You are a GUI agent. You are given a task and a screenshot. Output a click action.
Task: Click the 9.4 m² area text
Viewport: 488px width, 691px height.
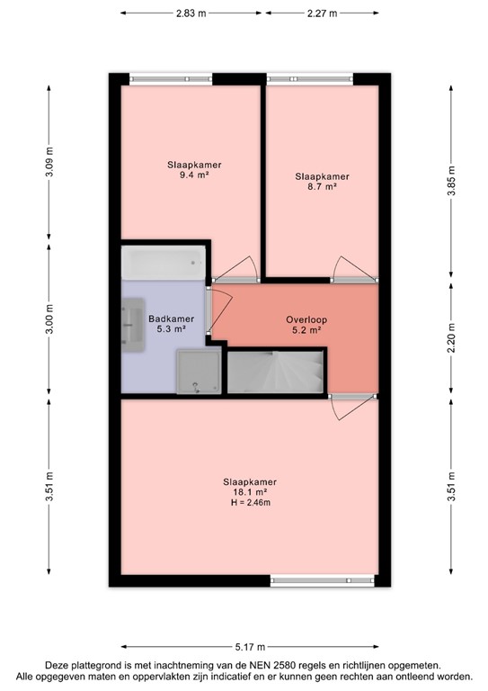tap(195, 176)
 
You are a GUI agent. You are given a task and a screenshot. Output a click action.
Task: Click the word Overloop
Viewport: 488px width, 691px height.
tap(306, 319)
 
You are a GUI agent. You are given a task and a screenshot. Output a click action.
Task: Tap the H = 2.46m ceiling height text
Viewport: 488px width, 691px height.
tap(250, 503)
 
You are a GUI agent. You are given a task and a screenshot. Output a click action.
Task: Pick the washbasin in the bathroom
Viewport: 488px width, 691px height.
tap(133, 321)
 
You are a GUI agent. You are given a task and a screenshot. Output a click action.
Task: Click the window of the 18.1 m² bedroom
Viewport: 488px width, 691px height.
tap(319, 580)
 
